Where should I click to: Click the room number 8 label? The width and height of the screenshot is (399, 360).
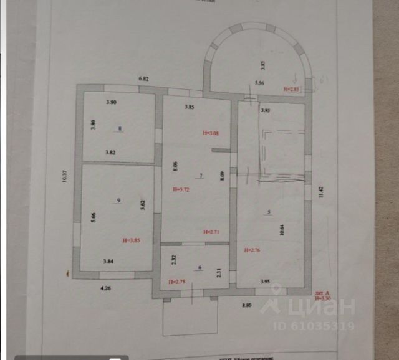pos(120,129)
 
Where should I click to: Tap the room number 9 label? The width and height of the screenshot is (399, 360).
pos(118,200)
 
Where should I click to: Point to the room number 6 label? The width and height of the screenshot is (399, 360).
pos(199,268)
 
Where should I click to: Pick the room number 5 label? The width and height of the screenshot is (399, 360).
pos(269,212)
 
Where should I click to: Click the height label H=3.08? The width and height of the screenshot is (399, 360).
pos(212,133)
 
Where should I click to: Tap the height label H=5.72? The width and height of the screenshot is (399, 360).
pos(181,189)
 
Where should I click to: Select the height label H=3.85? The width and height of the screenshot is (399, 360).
pos(135,239)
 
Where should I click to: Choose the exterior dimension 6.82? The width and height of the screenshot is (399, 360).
pos(144,79)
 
